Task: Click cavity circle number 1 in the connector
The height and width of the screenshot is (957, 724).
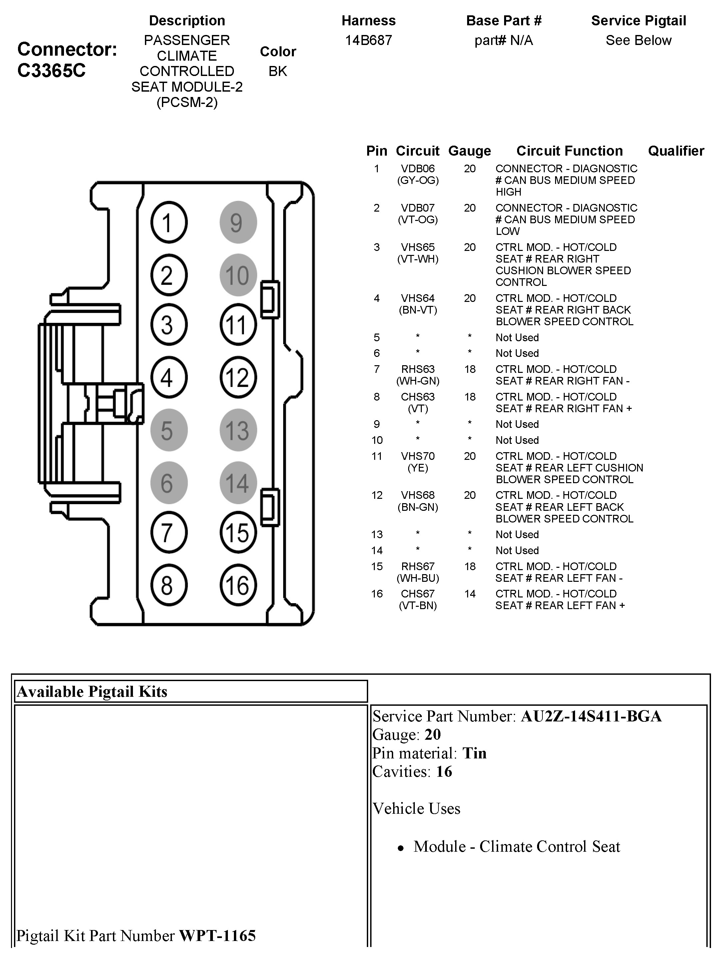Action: click(x=169, y=222)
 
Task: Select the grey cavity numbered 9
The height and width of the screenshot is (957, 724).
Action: click(x=238, y=222)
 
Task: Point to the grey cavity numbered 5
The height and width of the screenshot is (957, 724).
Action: click(x=169, y=430)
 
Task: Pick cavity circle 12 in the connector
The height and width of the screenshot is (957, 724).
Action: click(x=238, y=377)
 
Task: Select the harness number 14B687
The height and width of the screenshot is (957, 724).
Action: click(x=368, y=40)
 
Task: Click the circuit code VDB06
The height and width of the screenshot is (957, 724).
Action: click(x=418, y=169)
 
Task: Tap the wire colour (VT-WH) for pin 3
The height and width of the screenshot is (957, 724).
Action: click(x=418, y=259)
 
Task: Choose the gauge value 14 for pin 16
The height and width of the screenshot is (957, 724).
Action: click(x=470, y=594)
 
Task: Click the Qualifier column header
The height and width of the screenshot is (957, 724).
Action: click(x=676, y=151)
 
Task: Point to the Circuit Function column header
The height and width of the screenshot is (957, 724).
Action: click(x=570, y=151)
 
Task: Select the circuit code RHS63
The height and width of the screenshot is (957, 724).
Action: click(x=418, y=370)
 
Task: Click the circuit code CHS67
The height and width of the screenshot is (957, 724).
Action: click(x=418, y=594)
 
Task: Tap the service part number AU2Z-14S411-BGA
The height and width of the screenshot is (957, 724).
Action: click(x=591, y=716)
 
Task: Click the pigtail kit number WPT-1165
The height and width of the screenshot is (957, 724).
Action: click(x=217, y=935)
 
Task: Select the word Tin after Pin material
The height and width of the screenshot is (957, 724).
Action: click(x=474, y=753)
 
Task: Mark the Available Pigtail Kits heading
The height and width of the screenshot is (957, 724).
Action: click(x=92, y=692)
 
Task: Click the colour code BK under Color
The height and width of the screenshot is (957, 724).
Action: click(x=278, y=71)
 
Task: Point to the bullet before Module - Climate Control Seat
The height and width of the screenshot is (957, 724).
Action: click(x=401, y=848)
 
